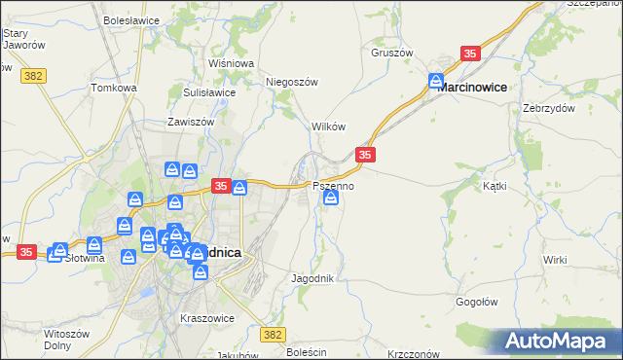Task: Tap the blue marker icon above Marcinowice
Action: [437, 81]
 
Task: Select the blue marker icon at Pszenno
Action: [331, 198]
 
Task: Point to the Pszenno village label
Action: [333, 185]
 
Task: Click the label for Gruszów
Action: [392, 53]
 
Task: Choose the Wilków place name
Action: [328, 126]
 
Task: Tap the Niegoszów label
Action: [292, 83]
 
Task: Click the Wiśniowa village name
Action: [231, 63]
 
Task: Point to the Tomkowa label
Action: [114, 88]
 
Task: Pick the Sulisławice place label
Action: [209, 92]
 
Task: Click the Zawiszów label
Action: [190, 123]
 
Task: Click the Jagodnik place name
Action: [312, 278]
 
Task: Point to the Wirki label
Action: [555, 260]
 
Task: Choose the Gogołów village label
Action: [478, 302]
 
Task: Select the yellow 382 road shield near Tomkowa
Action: [33, 74]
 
